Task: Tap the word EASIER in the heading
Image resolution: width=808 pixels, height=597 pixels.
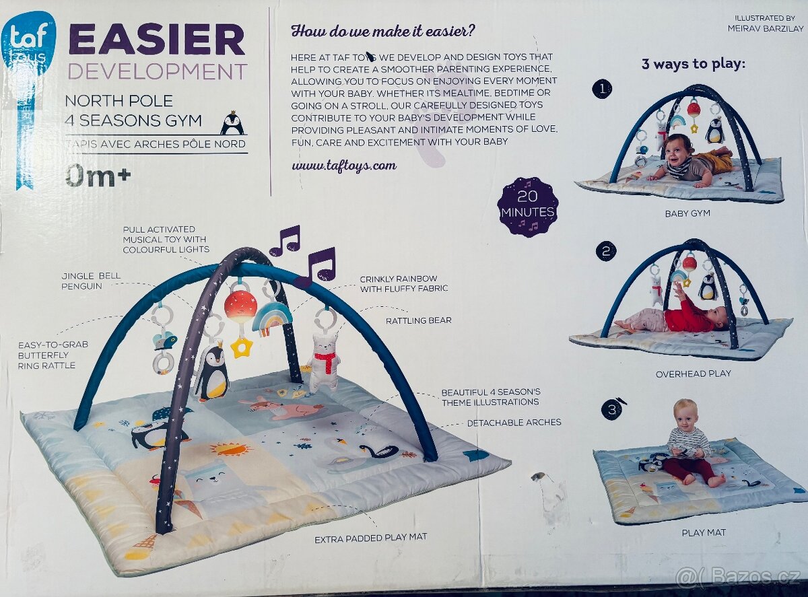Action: pyautogui.click(x=157, y=41)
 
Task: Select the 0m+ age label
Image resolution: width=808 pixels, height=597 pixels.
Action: pyautogui.click(x=98, y=176)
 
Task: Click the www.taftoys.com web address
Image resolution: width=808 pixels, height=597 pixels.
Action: pyautogui.click(x=344, y=166)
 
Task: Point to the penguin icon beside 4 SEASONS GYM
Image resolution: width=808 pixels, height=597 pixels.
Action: pyautogui.click(x=233, y=124)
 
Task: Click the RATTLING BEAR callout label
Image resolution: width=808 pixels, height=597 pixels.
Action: pyautogui.click(x=419, y=320)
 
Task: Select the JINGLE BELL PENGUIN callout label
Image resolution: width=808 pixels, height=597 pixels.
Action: pyautogui.click(x=91, y=281)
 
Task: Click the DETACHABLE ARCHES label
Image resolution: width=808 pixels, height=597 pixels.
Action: pyautogui.click(x=514, y=423)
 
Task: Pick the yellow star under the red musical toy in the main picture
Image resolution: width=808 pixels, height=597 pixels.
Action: pyautogui.click(x=240, y=346)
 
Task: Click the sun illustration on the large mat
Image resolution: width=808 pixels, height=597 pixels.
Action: pyautogui.click(x=225, y=449)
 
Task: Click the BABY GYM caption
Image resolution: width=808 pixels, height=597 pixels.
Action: pyautogui.click(x=687, y=213)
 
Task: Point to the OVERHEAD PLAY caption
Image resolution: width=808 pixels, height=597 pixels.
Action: pyautogui.click(x=694, y=374)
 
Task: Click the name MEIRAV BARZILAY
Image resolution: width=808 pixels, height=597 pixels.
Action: pyautogui.click(x=766, y=28)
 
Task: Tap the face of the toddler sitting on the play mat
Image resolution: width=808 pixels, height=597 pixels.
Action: pyautogui.click(x=684, y=415)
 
